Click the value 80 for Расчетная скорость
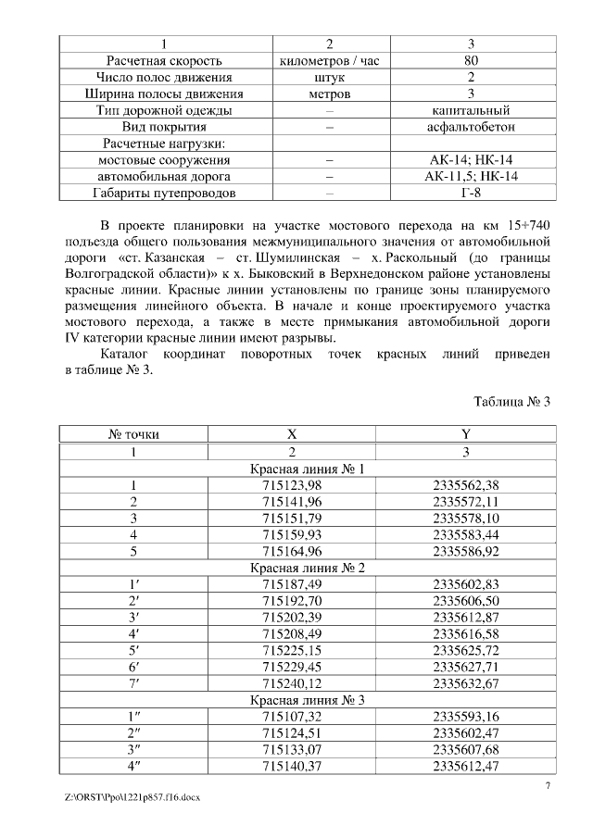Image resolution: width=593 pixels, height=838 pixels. tap(471, 61)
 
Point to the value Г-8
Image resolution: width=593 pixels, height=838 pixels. tap(471, 193)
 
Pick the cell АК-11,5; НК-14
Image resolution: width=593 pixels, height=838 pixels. tap(471, 176)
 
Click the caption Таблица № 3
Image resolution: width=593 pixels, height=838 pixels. tap(512, 402)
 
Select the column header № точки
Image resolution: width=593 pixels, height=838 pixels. tap(133, 434)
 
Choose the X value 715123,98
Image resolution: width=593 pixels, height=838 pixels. tap(292, 485)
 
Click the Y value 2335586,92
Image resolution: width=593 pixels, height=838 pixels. tap(465, 551)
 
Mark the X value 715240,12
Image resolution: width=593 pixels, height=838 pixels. tap(292, 683)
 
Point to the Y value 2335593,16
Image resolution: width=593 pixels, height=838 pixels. tap(465, 716)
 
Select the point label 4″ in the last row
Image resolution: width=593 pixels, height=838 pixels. tap(133, 766)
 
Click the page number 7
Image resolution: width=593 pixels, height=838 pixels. tap(548, 786)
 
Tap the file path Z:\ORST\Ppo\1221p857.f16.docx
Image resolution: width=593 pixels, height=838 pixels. tap(133, 797)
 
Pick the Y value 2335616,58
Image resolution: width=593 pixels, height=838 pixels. tap(465, 633)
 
